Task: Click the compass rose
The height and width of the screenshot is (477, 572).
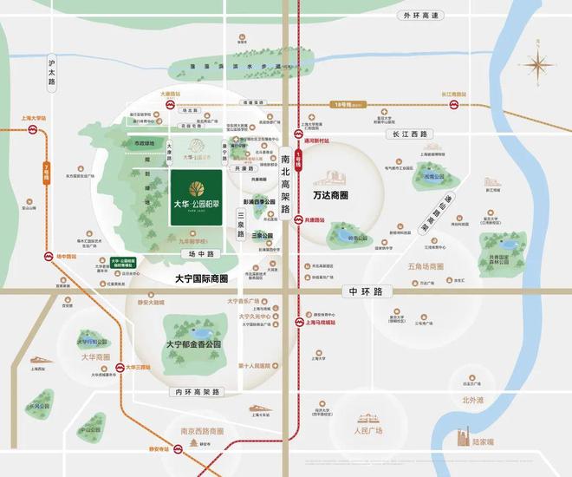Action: [x=539, y=65]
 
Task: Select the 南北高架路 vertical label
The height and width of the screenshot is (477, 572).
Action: [x=286, y=186]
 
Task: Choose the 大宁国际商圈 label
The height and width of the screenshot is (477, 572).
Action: [x=195, y=278]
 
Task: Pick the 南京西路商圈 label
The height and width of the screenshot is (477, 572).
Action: [x=194, y=431]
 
